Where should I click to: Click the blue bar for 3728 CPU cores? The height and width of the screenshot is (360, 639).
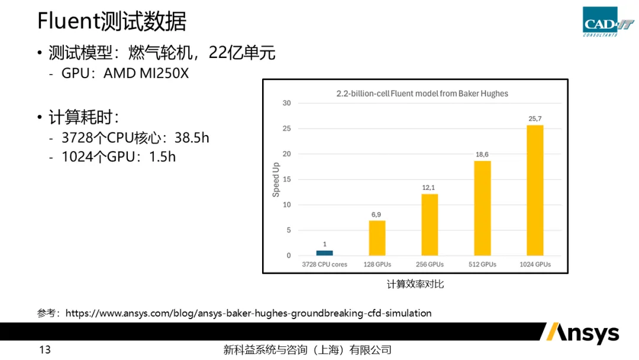click(x=324, y=253)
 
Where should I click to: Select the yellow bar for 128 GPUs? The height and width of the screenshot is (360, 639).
click(x=377, y=238)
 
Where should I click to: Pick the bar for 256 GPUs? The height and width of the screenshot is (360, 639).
click(x=430, y=225)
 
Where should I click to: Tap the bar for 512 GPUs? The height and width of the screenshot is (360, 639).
click(x=482, y=208)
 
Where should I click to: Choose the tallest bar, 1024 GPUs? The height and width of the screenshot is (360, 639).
click(x=535, y=190)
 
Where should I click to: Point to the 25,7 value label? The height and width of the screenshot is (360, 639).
click(x=535, y=119)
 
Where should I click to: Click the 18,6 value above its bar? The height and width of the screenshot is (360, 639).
click(x=482, y=155)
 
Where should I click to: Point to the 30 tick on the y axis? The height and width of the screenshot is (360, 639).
click(x=287, y=103)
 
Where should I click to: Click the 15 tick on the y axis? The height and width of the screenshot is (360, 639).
click(x=287, y=179)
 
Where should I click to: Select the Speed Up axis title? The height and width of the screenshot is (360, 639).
click(x=276, y=179)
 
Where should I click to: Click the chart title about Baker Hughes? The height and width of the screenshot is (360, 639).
click(x=422, y=94)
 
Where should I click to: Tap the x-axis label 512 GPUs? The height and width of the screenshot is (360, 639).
click(x=482, y=264)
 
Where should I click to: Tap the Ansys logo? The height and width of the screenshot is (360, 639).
click(x=580, y=333)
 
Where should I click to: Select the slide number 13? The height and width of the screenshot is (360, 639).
click(x=45, y=350)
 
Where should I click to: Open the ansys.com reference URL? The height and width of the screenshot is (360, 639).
click(x=248, y=313)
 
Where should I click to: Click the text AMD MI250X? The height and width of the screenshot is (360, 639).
click(x=146, y=73)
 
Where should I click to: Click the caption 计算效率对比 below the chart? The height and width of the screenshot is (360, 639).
click(x=415, y=284)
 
